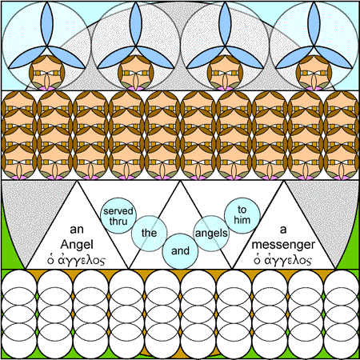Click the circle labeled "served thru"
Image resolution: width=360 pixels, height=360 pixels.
click(118, 216)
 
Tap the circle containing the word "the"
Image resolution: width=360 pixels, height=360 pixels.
click(150, 234)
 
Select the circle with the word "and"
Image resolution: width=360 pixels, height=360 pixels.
click(180, 251)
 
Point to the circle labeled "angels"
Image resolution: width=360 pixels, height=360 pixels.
click(211, 234)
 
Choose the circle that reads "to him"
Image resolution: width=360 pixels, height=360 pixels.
click(242, 215)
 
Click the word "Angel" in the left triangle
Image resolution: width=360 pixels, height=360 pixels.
click(77, 245)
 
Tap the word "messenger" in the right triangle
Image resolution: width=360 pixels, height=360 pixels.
click(283, 245)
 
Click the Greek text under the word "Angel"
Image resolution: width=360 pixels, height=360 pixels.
click(76, 260)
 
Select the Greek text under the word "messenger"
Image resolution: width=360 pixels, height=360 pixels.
click(282, 260)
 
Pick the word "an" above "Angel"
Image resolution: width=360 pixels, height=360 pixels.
click(77, 230)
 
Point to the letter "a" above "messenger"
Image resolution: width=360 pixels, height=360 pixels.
click(283, 230)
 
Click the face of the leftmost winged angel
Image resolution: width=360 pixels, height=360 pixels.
click(47, 73)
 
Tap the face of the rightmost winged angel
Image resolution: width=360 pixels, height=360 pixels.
click(314, 73)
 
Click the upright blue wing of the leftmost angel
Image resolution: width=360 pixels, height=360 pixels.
click(47, 24)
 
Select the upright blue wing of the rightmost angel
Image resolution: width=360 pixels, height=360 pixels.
click(314, 24)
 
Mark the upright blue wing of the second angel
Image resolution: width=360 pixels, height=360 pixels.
click(136, 24)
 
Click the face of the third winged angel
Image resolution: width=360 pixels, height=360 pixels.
click(225, 73)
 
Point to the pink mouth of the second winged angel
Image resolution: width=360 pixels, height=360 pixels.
click(136, 88)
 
